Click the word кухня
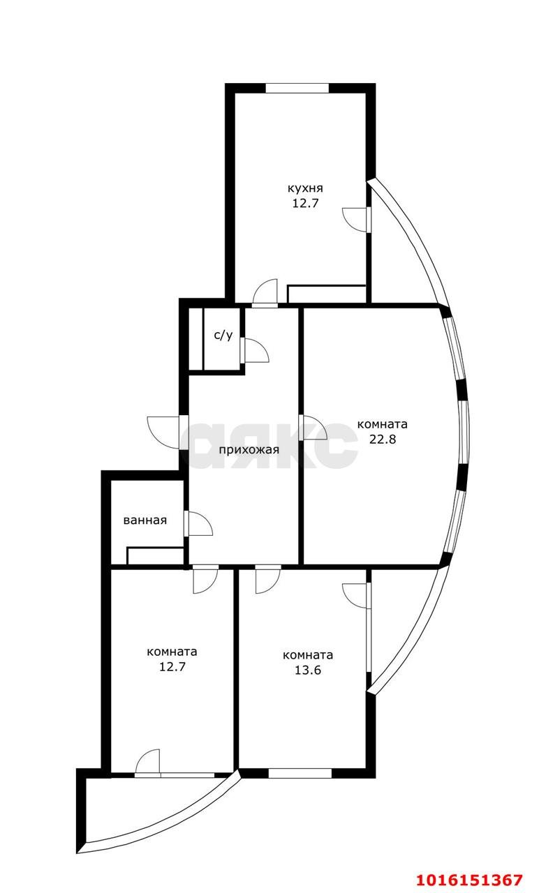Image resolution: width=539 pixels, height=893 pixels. tap(305, 188)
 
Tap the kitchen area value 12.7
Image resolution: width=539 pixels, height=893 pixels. tap(305, 203)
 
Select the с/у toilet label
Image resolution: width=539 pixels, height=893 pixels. tap(223, 336)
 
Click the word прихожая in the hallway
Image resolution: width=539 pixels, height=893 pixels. tap(249, 450)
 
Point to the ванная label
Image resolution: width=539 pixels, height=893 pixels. tap(145, 520)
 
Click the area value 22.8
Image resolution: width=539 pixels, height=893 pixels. tap(382, 440)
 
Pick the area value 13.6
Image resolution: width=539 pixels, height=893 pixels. tap(308, 670)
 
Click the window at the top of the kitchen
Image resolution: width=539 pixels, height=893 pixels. tap(297, 88)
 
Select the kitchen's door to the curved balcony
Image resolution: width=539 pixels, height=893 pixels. tap(357, 219)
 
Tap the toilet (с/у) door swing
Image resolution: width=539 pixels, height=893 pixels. tap(255, 350)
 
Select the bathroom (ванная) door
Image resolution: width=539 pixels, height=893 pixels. tap(198, 523)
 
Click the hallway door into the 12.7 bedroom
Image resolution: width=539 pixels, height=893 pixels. tap(205, 579)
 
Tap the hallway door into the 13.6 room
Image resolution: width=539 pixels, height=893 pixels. tap(268, 579)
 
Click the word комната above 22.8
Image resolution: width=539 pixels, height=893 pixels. tap(382, 424)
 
